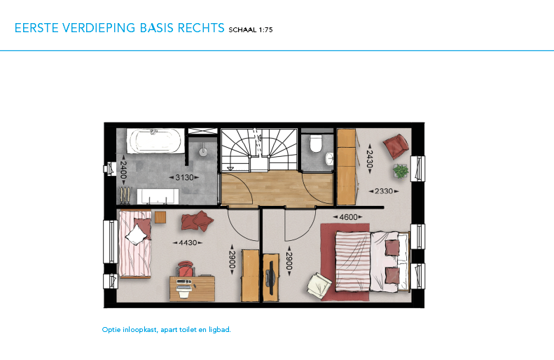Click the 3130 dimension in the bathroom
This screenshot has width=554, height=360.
point(184,177)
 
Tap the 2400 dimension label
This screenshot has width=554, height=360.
point(123,169)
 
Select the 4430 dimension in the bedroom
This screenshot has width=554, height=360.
point(188,243)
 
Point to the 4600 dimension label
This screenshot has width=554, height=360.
point(348,217)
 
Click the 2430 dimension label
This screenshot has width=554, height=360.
point(370,159)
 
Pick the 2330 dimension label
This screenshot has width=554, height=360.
point(384,191)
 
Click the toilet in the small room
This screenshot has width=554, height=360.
point(315,143)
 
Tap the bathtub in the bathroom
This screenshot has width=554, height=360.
point(155,141)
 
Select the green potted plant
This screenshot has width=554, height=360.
point(401,172)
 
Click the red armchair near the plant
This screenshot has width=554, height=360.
point(396,146)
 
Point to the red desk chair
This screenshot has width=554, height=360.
point(186,268)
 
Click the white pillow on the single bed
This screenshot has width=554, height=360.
point(137,234)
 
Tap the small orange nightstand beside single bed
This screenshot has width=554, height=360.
point(160,217)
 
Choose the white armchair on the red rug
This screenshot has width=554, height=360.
point(319,285)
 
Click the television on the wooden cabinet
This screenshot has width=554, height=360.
point(271,278)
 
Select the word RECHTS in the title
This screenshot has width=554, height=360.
point(201,28)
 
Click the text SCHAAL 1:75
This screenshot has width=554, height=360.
point(251,29)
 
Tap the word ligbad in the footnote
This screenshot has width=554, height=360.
point(219,330)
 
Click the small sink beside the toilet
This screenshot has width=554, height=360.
point(329,158)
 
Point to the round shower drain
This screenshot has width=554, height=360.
point(203,152)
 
